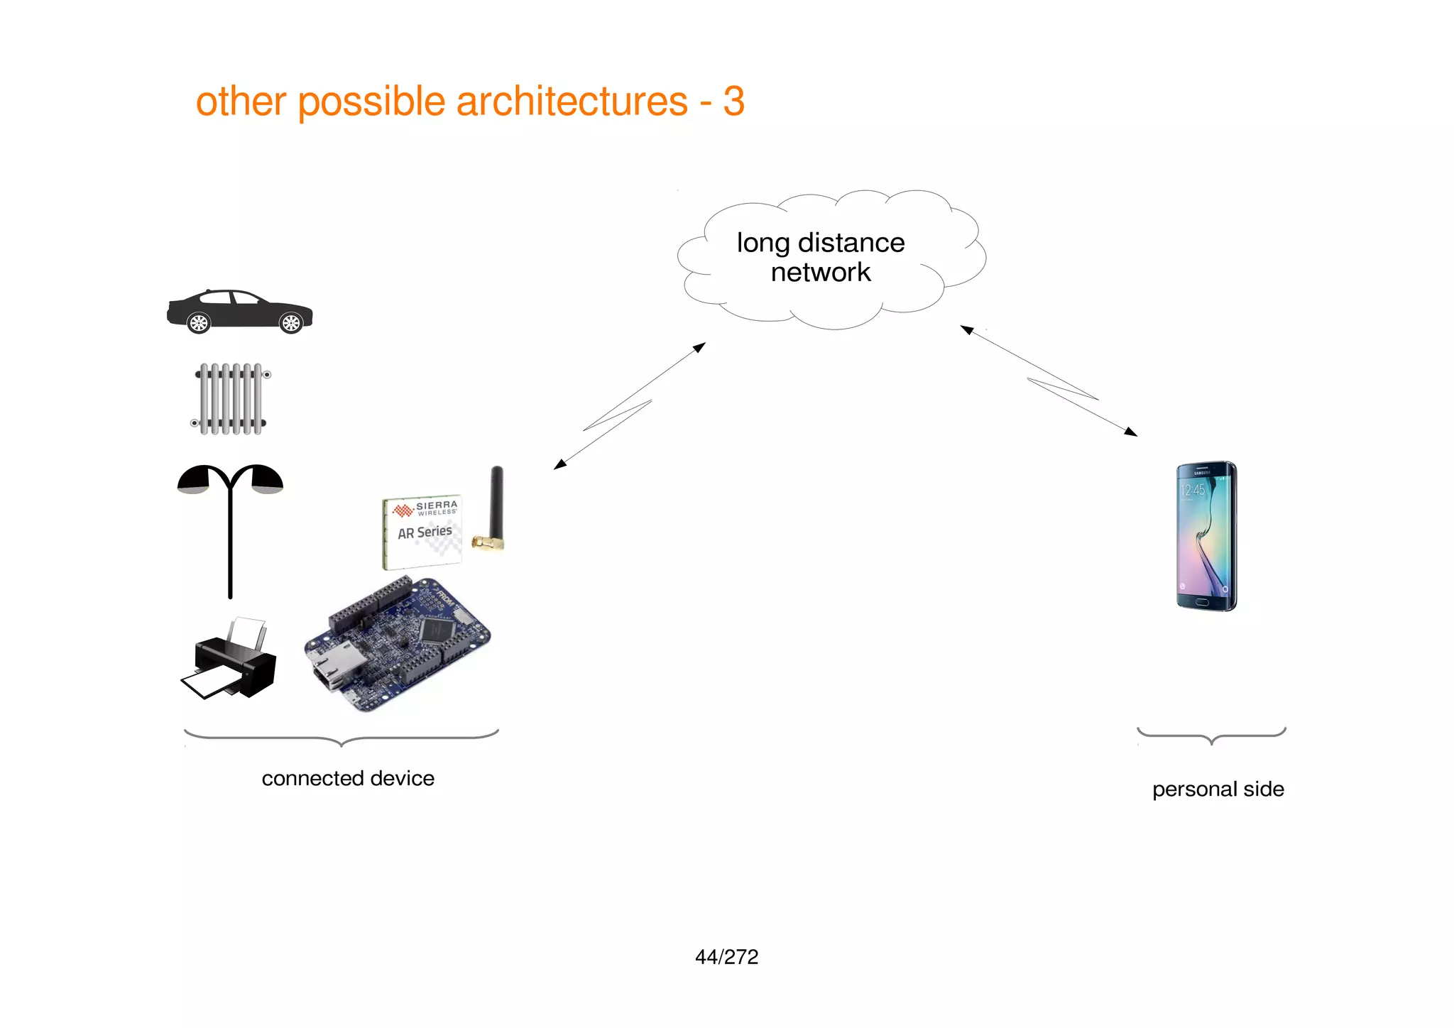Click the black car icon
tap(239, 311)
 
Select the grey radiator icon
tap(231, 398)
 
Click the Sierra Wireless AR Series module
tap(422, 532)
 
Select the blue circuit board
tap(398, 642)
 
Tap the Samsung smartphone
tap(1206, 536)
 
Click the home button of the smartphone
tap(1201, 603)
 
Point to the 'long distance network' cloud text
tap(821, 257)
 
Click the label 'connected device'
tap(348, 778)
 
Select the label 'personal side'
tap(1218, 789)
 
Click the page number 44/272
tap(726, 957)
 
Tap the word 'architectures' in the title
tap(572, 101)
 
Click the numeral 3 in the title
tap(734, 101)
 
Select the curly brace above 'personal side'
tap(1211, 736)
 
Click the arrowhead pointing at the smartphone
tap(1131, 432)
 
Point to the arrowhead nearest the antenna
tap(559, 464)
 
